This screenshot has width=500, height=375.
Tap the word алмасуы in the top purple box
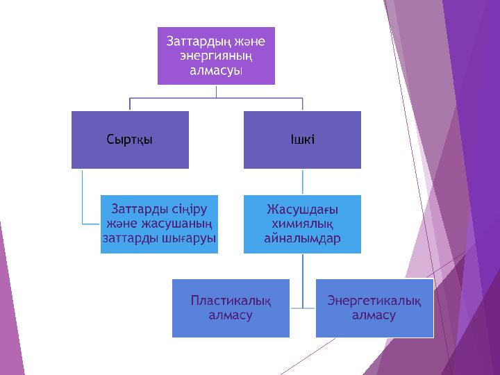(216, 70)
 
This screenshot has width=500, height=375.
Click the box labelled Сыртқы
(130, 140)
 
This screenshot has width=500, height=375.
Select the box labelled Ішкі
(302, 140)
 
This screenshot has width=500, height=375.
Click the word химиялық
(302, 224)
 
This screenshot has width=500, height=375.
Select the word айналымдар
(302, 238)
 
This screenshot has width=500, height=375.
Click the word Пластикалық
(231, 300)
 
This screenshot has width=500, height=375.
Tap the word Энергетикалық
(374, 300)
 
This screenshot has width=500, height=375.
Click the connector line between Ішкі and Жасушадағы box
(302, 181)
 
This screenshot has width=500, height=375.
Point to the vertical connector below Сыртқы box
(82, 198)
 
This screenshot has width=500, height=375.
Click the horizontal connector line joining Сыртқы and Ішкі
(216, 98)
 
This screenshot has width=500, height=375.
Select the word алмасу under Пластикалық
(231, 315)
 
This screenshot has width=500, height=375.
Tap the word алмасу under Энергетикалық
(374, 315)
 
